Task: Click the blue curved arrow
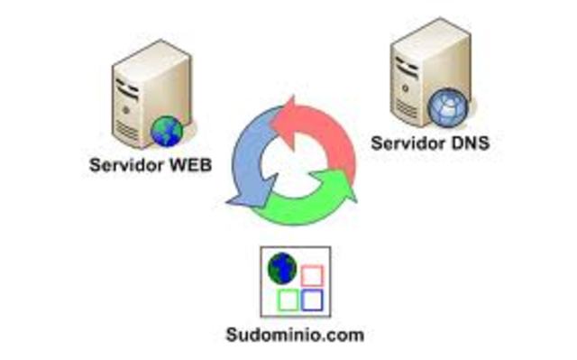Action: pos(248,158)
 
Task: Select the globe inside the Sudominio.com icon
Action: pos(284,268)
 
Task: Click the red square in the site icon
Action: pos(311,274)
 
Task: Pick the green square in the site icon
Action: pos(288,299)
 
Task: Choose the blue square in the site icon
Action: pos(312,299)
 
